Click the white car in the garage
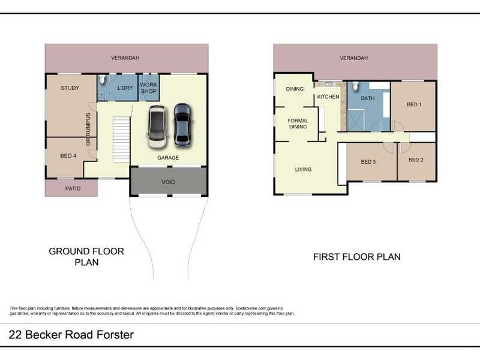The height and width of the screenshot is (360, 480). [158, 127]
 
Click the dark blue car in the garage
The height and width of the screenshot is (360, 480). [182, 125]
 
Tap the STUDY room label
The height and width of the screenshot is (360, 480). [70, 88]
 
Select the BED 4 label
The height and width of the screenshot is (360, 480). [68, 156]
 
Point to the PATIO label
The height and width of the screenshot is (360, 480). [71, 188]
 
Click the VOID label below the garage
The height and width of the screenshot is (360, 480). [169, 182]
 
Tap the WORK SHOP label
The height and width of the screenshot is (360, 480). [148, 89]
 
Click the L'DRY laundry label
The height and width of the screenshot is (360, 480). [125, 89]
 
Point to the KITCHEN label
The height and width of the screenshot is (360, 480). [328, 97]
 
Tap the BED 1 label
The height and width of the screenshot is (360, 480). [414, 104]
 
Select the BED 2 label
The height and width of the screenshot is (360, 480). [416, 160]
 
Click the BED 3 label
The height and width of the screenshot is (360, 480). [368, 162]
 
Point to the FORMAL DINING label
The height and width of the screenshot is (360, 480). [298, 124]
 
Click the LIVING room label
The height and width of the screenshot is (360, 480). [303, 169]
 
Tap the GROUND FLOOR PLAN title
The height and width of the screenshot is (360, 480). [86, 257]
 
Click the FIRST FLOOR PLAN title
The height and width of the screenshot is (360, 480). [356, 257]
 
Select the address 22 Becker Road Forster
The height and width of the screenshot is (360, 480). [71, 335]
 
